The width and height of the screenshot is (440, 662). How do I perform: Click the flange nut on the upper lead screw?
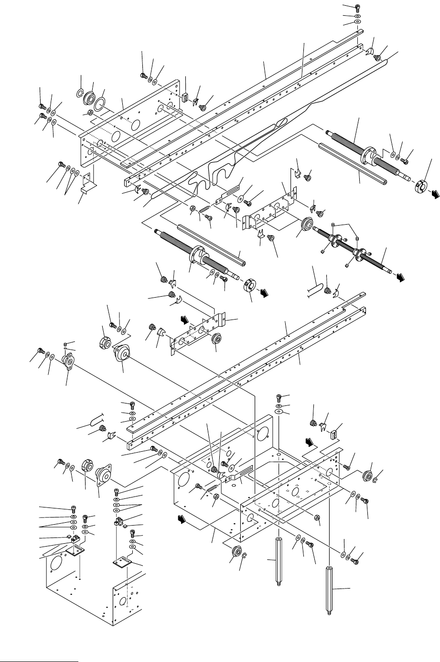pos(370,156)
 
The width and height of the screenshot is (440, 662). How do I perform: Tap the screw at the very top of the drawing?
pos(358,7)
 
